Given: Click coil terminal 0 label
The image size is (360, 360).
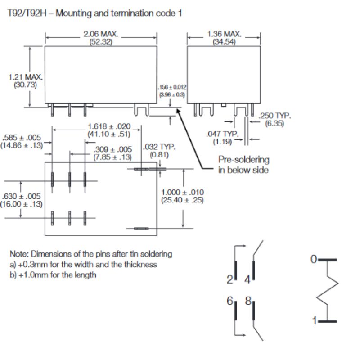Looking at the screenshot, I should tap(314, 259).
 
